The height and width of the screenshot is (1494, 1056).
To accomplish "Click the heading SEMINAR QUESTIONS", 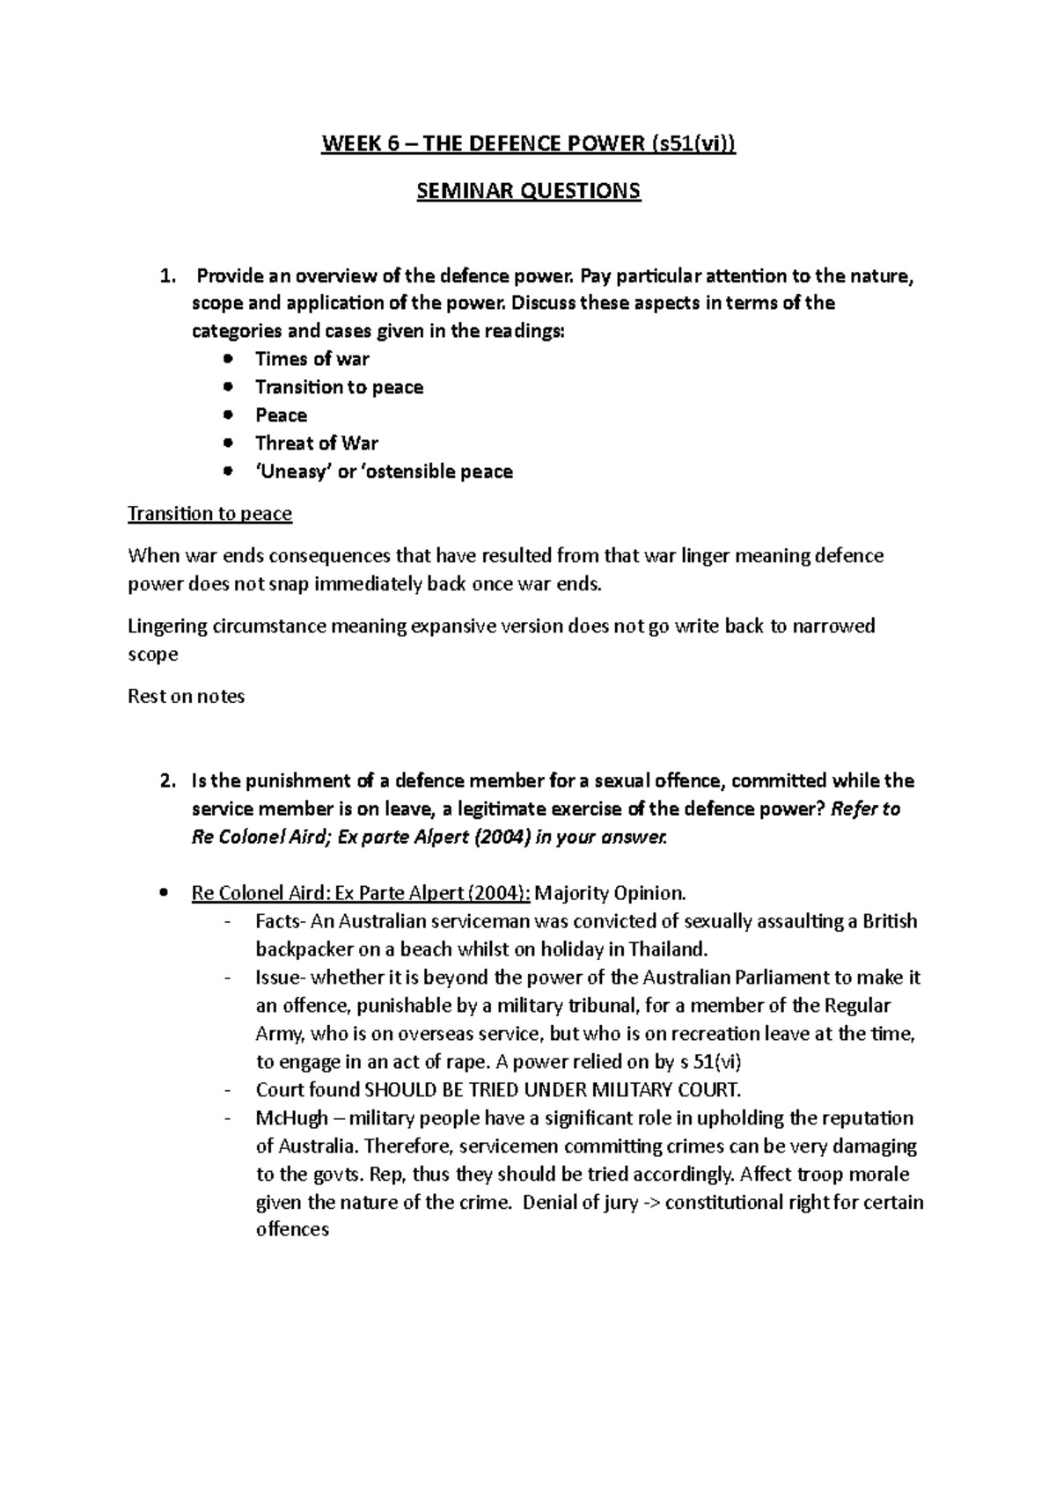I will click(528, 191).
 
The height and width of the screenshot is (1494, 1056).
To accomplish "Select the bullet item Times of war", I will click(312, 359).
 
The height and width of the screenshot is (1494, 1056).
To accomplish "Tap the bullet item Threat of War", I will click(316, 443).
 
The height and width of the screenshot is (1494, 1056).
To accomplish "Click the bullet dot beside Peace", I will click(229, 415).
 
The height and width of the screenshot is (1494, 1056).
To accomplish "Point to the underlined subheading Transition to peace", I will click(209, 514).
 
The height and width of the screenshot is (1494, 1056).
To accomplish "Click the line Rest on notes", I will click(186, 697).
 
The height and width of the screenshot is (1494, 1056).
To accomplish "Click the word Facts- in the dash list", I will click(282, 921).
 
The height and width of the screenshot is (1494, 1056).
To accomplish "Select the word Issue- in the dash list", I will click(282, 978).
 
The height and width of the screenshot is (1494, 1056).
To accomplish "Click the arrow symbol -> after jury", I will click(650, 1203).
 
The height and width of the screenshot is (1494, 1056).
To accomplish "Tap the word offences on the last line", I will click(292, 1231).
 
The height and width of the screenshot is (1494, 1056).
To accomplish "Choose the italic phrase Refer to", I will click(865, 809).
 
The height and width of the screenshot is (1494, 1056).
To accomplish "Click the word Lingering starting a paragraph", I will click(167, 626).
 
